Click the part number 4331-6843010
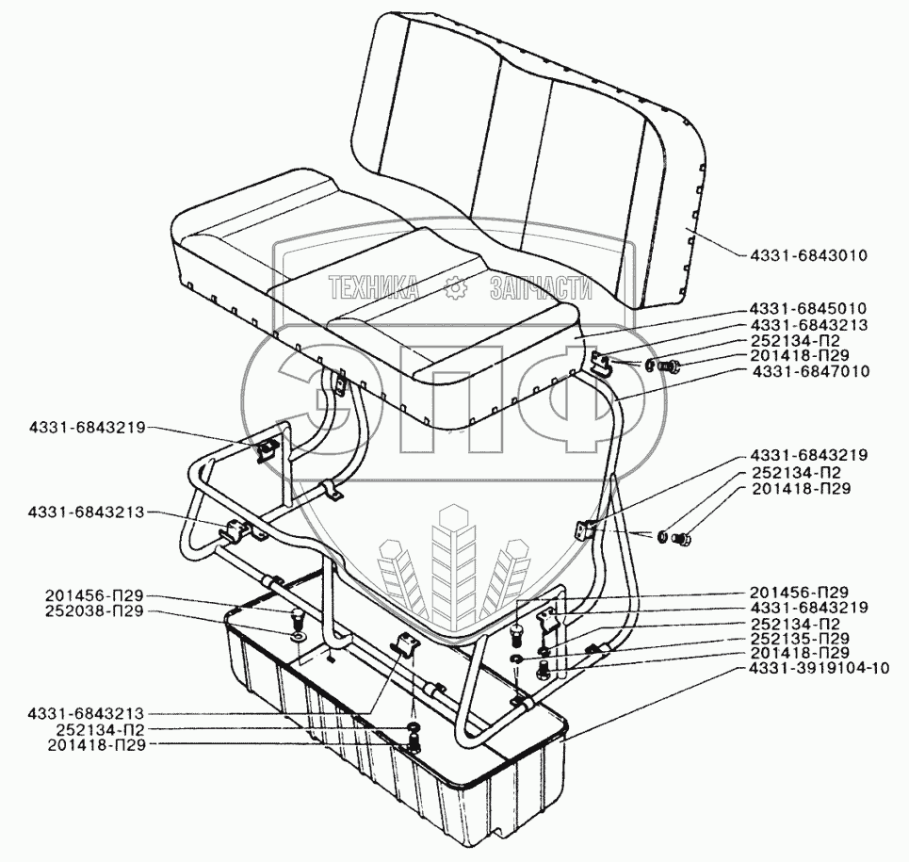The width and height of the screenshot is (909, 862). tap(809, 254)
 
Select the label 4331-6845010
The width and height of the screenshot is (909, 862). tap(809, 308)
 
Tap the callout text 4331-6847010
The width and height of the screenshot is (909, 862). tap(809, 372)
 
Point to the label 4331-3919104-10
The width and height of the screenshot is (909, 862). tap(816, 669)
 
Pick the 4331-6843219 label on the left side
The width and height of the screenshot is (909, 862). tap(86, 427)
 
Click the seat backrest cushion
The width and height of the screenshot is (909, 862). tap(528, 141)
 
